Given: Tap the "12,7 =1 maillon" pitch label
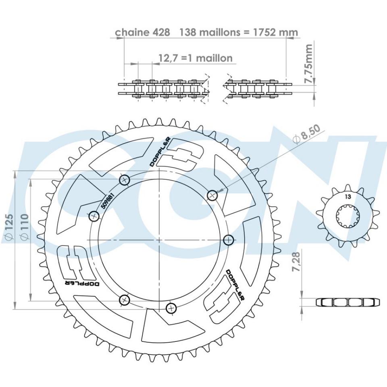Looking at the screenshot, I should click(x=196, y=58).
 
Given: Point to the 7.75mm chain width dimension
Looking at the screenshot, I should click(x=309, y=64).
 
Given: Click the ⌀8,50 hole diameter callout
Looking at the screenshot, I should click(x=307, y=134).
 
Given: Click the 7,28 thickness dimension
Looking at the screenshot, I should click(x=297, y=262).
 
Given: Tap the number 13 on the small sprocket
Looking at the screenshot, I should click(x=347, y=197).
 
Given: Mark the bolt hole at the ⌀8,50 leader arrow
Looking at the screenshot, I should click(x=212, y=196).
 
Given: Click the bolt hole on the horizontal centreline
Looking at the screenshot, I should click(x=229, y=240).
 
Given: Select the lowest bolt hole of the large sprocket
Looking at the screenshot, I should click(x=171, y=308).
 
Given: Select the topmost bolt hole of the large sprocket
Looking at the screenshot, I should click(x=124, y=180).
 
